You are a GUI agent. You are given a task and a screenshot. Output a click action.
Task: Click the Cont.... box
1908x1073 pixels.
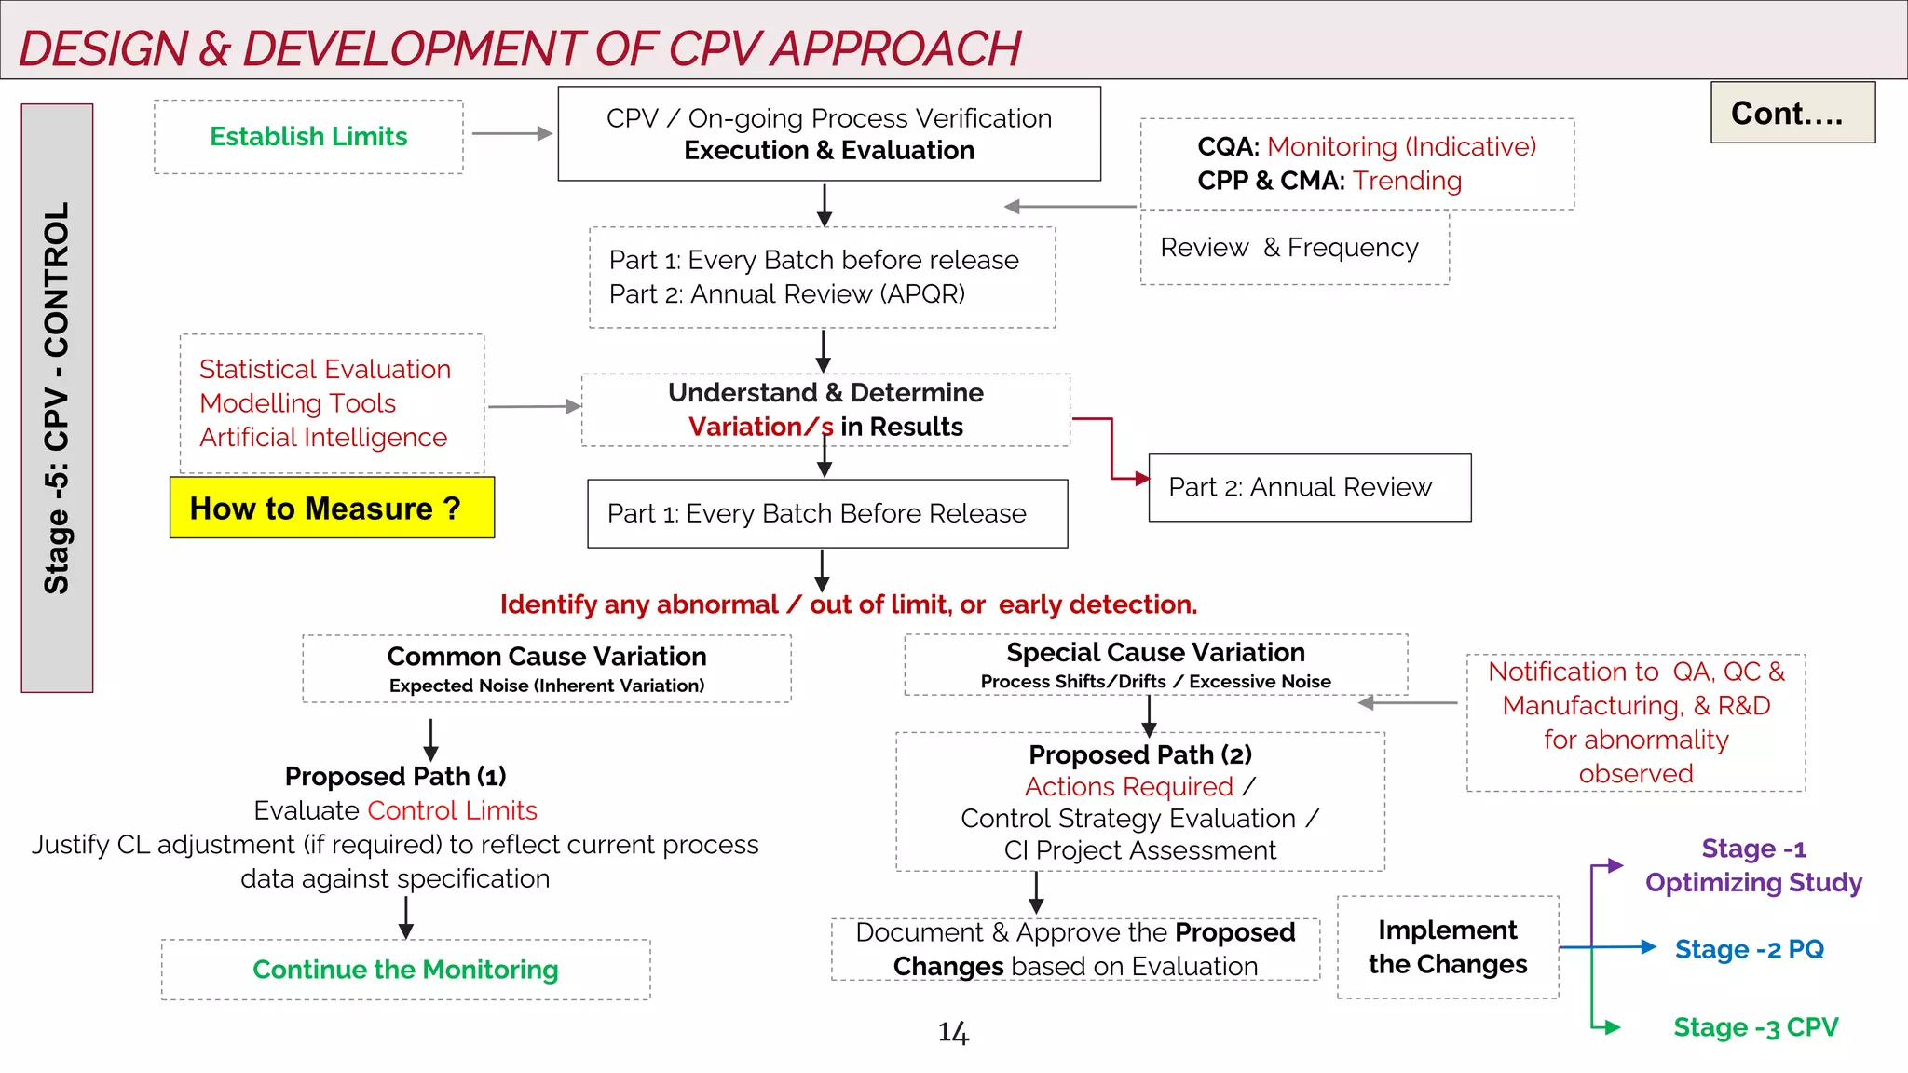[x=1792, y=113]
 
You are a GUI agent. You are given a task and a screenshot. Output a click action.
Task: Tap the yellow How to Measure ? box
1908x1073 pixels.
[x=332, y=509]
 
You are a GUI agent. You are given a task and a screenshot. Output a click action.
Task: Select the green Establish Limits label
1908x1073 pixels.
[x=308, y=137]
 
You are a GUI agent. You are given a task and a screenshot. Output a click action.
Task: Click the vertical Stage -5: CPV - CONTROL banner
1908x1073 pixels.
[x=57, y=398]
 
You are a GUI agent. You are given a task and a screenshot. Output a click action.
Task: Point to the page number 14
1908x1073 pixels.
[x=953, y=1032]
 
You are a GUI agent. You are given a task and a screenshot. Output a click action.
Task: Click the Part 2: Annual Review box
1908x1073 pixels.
[x=1309, y=487]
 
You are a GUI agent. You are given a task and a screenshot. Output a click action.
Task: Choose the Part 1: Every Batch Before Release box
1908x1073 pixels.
[x=826, y=514]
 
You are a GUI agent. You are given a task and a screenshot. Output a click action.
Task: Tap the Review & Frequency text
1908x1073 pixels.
[x=1288, y=248]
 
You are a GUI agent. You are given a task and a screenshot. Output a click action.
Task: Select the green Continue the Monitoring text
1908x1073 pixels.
[x=405, y=970]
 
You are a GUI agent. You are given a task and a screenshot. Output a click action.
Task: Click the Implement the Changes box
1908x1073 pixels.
[x=1447, y=947]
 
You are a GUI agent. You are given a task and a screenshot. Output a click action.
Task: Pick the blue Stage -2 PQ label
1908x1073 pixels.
[x=1749, y=949]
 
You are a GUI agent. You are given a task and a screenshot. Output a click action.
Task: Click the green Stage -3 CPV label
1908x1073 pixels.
[x=1755, y=1027]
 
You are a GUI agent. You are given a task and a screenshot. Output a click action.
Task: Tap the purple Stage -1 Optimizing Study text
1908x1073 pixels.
[x=1752, y=865]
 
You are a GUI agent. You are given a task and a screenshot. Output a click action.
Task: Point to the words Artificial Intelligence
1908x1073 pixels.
[x=323, y=438]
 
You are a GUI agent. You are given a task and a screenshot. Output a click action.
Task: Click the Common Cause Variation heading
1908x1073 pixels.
[x=547, y=657]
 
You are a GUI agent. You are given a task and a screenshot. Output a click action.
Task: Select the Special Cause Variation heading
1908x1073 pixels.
[x=1155, y=653]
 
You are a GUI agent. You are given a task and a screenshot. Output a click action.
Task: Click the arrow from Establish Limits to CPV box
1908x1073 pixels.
[x=511, y=134]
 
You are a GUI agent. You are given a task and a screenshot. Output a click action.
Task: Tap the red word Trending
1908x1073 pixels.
[x=1407, y=181]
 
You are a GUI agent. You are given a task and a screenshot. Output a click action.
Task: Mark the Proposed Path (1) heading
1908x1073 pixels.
[x=395, y=776]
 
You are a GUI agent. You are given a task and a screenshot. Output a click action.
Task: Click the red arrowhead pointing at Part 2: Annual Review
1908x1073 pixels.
[x=1142, y=479]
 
